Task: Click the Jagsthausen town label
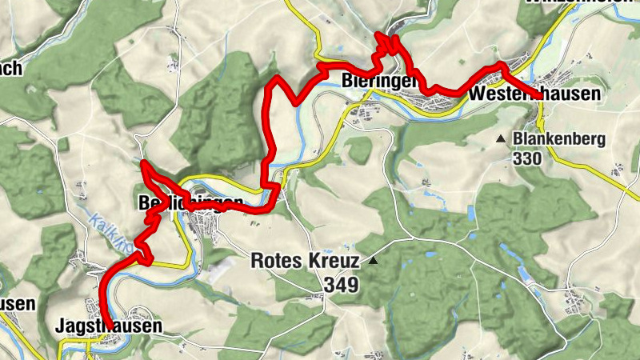109,326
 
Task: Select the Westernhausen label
535,94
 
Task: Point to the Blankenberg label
559,139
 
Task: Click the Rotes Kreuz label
303,260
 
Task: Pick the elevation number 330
529,158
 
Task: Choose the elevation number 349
342,284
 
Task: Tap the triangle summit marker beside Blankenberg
501,139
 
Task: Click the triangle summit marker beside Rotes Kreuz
373,260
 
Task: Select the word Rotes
277,260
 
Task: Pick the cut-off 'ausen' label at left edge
17,304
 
